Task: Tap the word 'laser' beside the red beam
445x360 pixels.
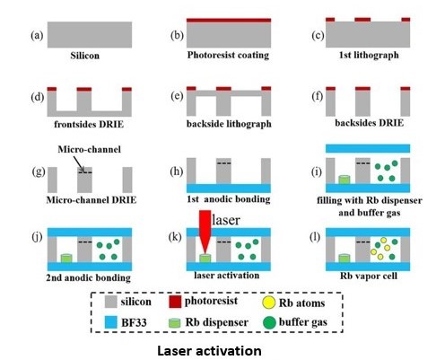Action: tap(226, 220)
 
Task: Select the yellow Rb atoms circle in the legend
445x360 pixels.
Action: tap(268, 303)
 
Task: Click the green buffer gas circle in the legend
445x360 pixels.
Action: tap(269, 322)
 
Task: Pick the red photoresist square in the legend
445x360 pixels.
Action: tap(175, 302)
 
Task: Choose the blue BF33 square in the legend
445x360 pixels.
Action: tap(111, 322)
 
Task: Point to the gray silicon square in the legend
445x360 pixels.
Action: tap(111, 302)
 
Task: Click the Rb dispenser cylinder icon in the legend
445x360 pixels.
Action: tap(175, 323)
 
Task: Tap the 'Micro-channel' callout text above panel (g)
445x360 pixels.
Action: tap(89, 149)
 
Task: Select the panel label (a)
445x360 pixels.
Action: tap(37, 35)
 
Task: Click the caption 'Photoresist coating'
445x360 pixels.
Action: tap(228, 55)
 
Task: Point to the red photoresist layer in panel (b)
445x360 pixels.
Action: tap(229, 21)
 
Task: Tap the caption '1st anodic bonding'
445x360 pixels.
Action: tap(229, 199)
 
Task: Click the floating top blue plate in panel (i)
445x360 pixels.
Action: tap(368, 148)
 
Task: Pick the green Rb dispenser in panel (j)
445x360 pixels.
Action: tap(66, 259)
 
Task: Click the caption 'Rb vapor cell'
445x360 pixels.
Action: tap(369, 276)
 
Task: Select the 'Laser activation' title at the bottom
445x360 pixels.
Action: tap(209, 351)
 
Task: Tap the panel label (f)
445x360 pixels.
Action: tap(318, 96)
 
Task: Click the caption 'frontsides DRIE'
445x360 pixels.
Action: tap(89, 124)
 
